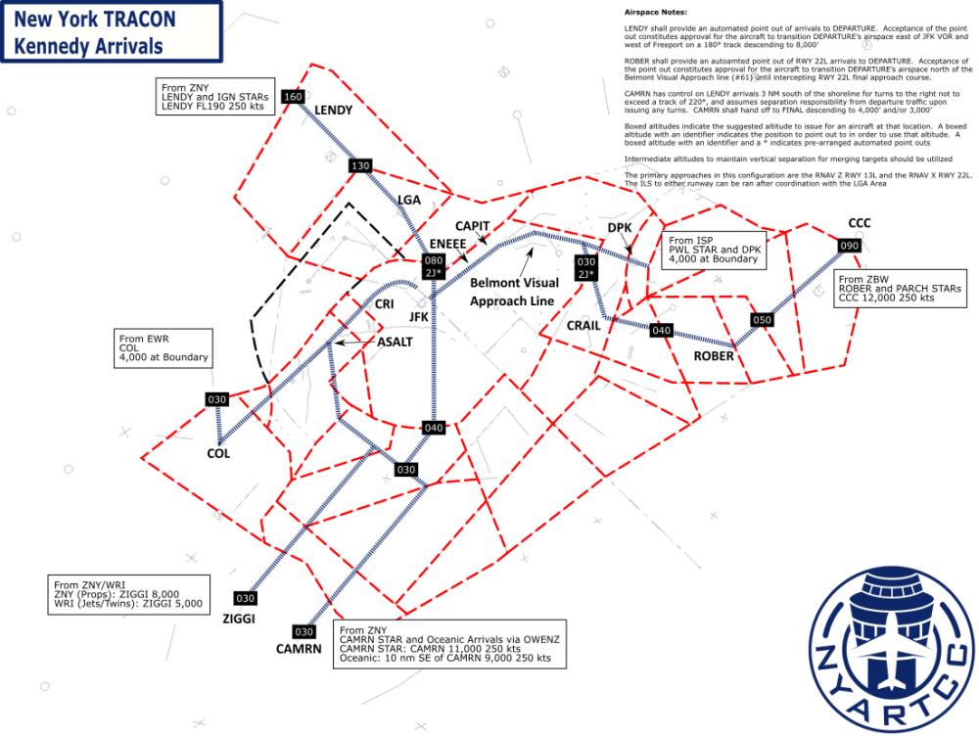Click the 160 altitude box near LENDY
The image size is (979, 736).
click(292, 97)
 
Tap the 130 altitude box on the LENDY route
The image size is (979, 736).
click(359, 166)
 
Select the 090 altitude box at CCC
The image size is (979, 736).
click(849, 246)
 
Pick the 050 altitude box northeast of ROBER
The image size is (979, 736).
click(762, 320)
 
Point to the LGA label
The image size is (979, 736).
click(409, 200)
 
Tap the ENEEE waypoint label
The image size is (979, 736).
click(447, 243)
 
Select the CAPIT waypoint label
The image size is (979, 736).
click(472, 226)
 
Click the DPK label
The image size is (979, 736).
click(620, 228)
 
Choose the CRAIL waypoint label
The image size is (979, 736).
click(583, 325)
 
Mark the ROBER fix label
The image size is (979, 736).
click(713, 356)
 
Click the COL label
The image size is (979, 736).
click(218, 453)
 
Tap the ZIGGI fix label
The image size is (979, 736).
click(239, 619)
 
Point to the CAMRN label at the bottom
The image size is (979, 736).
click(298, 648)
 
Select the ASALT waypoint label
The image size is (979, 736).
click(395, 342)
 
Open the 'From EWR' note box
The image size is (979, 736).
click(163, 347)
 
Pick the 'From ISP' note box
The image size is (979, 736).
click(714, 251)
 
